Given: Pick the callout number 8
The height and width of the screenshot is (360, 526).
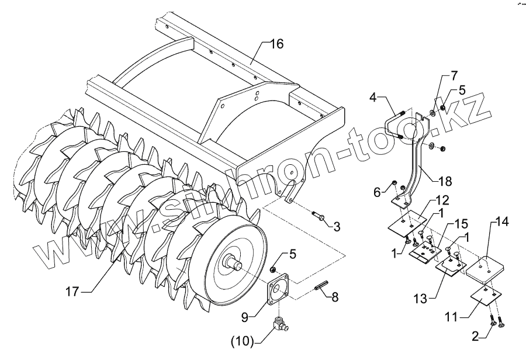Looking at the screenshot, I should pos(335,297).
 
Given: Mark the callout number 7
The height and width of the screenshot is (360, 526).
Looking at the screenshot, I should pos(453,77).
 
